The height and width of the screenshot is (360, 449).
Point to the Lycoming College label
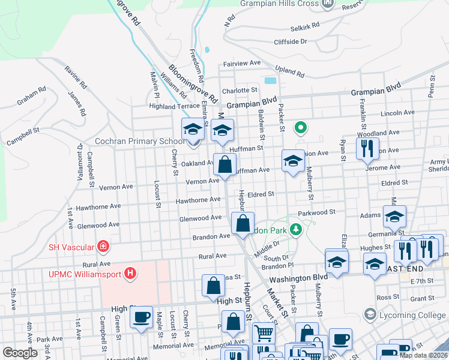407,314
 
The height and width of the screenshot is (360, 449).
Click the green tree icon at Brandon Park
295,229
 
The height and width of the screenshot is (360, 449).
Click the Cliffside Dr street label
290,41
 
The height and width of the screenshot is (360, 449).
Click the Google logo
20,353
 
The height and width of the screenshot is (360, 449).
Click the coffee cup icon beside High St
141,317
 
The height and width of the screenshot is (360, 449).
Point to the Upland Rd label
291,71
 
